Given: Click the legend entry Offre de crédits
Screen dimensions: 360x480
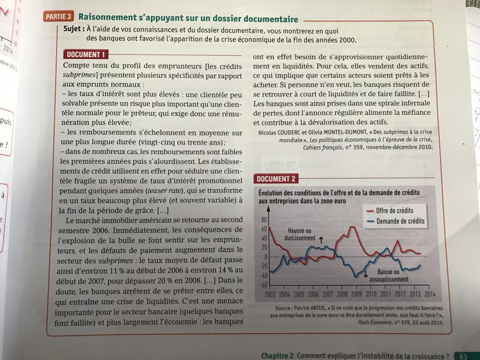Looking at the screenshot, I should (x=394, y=210).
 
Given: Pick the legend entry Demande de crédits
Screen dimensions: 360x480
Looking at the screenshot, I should (x=400, y=221).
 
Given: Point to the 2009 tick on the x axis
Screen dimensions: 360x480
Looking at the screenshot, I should (x=356, y=294).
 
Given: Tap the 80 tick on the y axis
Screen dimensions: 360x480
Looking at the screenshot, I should (x=264, y=220).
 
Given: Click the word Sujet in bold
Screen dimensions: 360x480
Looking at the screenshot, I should (x=73, y=29).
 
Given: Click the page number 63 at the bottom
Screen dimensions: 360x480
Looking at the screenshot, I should (x=463, y=356).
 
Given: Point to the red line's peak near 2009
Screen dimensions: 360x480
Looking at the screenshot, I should (x=353, y=227).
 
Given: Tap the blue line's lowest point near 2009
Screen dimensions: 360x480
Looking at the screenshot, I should (x=355, y=277).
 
